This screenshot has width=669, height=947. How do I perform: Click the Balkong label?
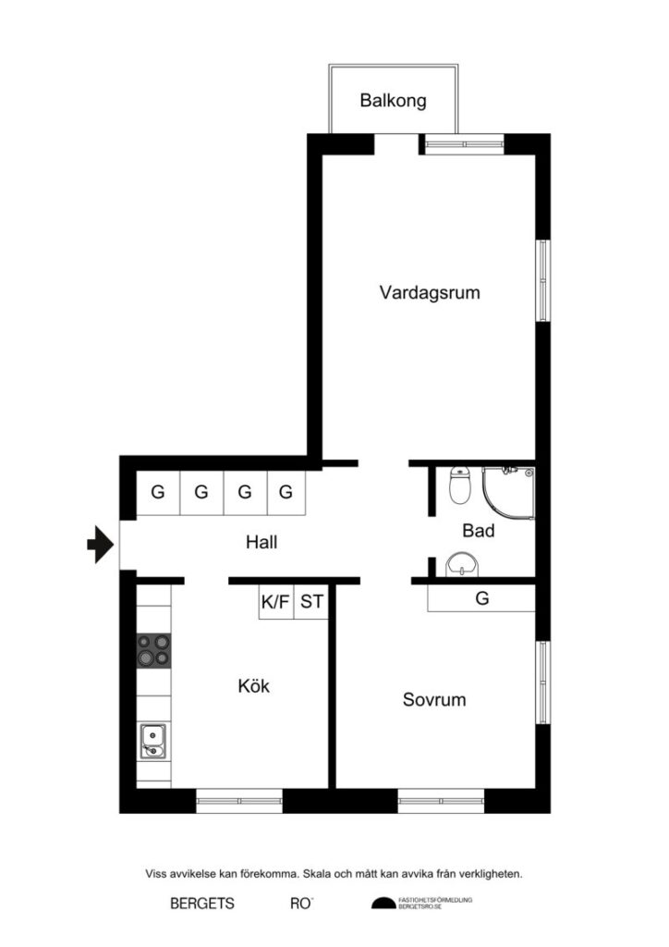[x=394, y=100]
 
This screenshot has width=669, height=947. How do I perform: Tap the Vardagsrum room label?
[x=430, y=293]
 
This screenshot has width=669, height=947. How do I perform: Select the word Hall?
[x=262, y=543]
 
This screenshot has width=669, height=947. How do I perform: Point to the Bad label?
[x=479, y=531]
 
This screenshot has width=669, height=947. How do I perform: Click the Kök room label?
[x=253, y=686]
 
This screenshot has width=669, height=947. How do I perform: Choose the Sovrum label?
[x=434, y=699]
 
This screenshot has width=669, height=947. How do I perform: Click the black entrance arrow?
[x=99, y=545]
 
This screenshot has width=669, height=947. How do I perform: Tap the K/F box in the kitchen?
[x=275, y=603]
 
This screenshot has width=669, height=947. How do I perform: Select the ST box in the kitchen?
[x=312, y=603]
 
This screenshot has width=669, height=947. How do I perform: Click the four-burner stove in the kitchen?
[x=154, y=650]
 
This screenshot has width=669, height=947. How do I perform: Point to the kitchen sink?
[x=153, y=741]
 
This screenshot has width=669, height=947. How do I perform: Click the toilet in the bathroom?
[x=459, y=486]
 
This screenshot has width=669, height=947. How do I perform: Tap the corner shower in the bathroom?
[x=508, y=492]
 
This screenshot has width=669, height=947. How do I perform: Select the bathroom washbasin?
[x=459, y=564]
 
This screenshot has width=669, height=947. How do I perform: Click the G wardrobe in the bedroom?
[x=481, y=598]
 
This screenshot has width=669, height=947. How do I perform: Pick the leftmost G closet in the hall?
[x=158, y=492]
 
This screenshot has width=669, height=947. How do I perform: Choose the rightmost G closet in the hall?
[x=286, y=492]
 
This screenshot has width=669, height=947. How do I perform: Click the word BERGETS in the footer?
[x=202, y=904]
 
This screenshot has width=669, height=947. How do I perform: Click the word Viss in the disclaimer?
[x=157, y=872]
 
